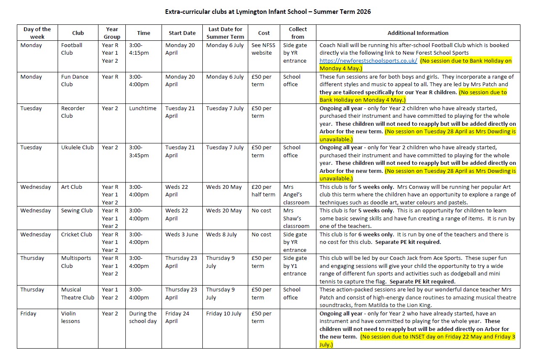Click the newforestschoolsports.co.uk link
368,61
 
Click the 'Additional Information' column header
418,33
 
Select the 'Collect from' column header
297,33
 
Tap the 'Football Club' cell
72,49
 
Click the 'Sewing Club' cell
77,211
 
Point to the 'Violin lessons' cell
71,317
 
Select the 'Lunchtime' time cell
143,109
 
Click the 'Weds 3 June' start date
181,235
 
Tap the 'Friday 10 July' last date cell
224,314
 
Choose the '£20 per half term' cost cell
263,191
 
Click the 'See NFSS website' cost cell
262,49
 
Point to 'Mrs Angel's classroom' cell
296,194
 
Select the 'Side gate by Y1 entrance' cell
295,266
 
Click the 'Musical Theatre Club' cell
78,294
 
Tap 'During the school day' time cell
143,317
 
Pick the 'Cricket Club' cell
76,235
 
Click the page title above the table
268,12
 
